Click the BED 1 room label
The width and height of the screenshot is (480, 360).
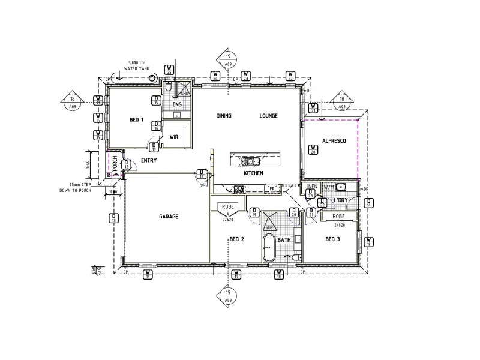(137, 120)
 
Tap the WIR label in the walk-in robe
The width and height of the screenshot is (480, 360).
(175, 137)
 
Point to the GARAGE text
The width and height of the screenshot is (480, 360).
(169, 217)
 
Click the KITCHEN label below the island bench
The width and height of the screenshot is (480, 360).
(254, 173)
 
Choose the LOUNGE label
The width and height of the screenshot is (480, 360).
(268, 116)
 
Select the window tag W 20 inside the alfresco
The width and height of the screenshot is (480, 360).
(311, 150)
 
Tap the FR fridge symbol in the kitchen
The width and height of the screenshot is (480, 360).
(272, 188)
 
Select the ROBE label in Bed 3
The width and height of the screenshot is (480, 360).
(338, 216)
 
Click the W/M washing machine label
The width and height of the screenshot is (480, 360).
(328, 187)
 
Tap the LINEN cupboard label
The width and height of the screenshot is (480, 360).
(310, 187)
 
